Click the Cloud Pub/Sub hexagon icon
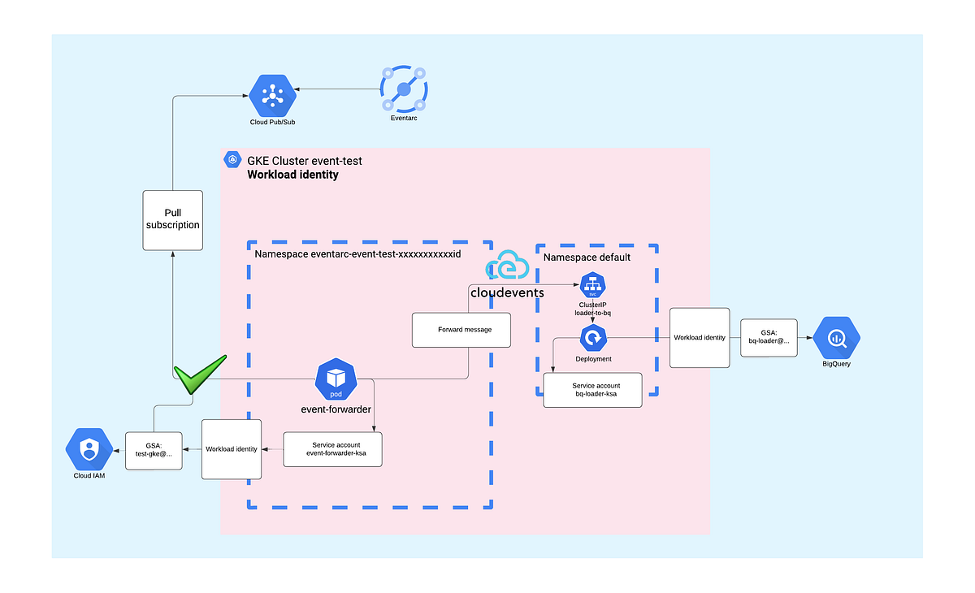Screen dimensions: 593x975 click(271, 96)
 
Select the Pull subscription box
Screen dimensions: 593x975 click(171, 219)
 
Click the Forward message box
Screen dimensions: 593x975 click(461, 330)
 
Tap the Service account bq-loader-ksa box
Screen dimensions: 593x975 click(592, 390)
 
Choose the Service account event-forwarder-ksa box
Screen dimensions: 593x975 click(331, 449)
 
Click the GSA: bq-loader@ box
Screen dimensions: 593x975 click(769, 336)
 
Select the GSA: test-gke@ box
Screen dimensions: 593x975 click(154, 449)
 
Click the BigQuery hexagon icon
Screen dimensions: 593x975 click(836, 338)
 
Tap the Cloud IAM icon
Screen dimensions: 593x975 click(89, 448)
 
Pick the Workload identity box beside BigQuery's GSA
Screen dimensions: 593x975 click(699, 337)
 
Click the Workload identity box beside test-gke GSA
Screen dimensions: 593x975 click(232, 448)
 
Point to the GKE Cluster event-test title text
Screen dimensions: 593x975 click(305, 161)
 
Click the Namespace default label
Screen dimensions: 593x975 click(587, 257)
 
